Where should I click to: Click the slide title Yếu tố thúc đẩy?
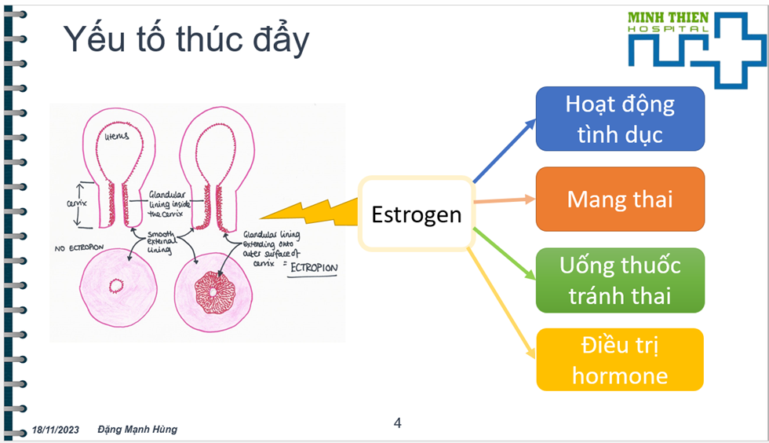[x=187, y=39]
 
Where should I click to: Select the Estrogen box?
[x=417, y=214]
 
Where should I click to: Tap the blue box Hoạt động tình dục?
[x=620, y=119]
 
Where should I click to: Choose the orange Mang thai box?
[x=620, y=200]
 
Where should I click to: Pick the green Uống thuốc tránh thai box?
[x=620, y=280]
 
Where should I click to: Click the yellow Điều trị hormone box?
[x=620, y=360]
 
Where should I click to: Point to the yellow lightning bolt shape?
[x=309, y=212]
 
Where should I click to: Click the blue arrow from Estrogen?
[x=504, y=151]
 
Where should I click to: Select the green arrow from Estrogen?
[x=504, y=254]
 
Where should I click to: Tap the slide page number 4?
[x=397, y=423]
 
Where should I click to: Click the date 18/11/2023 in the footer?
[x=56, y=430]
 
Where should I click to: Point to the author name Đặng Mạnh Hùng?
[x=137, y=429]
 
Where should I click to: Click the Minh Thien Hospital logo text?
[x=668, y=22]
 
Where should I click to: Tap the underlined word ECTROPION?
[x=314, y=268]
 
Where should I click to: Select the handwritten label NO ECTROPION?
[x=79, y=248]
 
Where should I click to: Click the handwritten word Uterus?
[x=116, y=136]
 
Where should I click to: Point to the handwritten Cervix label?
[x=77, y=203]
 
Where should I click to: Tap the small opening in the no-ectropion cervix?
[x=116, y=286]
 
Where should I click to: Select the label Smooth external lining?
[x=162, y=242]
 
